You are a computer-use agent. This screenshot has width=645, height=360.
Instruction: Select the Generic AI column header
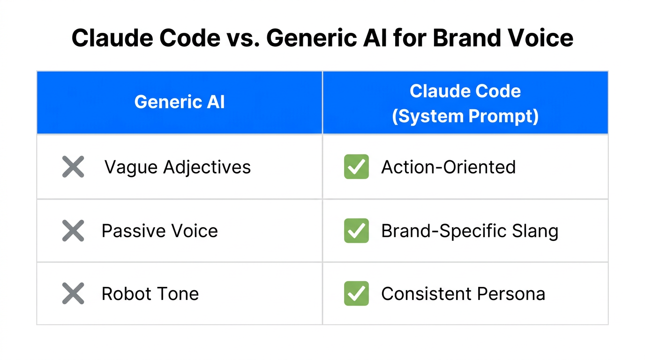180,102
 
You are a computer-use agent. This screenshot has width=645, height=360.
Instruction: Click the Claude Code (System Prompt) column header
465,103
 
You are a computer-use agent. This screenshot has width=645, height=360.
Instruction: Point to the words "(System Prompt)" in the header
465,116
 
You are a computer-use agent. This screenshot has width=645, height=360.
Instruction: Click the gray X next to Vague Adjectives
73,167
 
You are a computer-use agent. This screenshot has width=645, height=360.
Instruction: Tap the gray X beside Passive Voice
73,231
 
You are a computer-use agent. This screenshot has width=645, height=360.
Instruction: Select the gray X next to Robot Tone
73,294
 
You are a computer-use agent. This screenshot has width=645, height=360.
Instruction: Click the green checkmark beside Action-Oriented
356,167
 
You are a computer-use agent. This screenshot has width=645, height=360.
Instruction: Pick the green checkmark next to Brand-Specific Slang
356,231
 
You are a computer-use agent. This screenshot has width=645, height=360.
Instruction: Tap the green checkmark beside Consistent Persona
356,294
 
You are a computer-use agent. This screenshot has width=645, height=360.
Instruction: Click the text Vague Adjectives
177,167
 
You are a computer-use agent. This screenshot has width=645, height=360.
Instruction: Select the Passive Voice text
159,231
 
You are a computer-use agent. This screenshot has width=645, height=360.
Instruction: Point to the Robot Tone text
150,294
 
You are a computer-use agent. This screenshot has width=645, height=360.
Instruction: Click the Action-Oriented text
448,167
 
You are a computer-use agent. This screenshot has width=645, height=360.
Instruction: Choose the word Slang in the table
534,231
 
